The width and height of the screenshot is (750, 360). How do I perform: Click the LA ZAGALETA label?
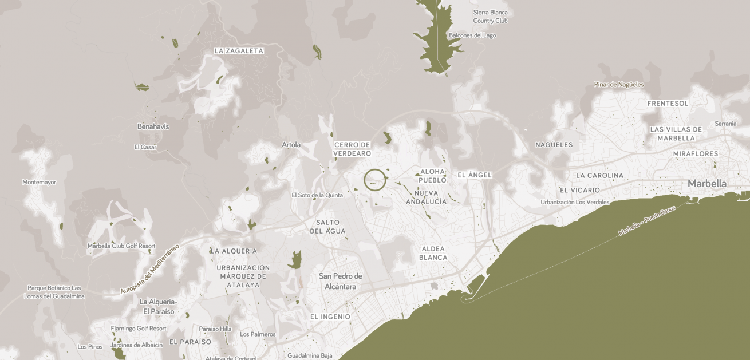click(x=239, y=51)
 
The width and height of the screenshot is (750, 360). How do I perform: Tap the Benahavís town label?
click(x=153, y=126)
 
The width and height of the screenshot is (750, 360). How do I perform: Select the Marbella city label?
click(x=707, y=184)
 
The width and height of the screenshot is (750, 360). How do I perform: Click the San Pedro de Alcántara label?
click(x=341, y=281)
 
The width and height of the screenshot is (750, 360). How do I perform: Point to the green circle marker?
click(x=375, y=180)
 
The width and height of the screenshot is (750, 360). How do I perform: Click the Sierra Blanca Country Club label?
click(x=490, y=17)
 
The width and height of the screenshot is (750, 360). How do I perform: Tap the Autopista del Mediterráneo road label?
click(x=149, y=269)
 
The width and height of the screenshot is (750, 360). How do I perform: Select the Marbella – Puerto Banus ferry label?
click(x=647, y=221)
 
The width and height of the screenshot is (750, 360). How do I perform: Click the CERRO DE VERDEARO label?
click(x=352, y=149)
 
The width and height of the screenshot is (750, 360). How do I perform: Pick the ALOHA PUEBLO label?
click(x=433, y=176)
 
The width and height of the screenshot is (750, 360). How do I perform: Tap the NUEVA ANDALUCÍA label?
click(x=427, y=197)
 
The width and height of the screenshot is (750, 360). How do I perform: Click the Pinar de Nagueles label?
click(x=619, y=85)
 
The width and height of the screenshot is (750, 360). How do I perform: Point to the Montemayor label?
click(x=40, y=182)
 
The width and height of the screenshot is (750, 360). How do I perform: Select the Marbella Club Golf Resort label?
click(x=121, y=246)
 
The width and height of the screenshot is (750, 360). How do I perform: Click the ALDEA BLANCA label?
click(x=433, y=253)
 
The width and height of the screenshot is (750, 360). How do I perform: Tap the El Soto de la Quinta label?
click(x=317, y=195)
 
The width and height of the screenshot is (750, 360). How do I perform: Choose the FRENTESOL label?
click(x=668, y=104)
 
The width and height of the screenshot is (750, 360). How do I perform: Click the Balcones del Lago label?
click(x=472, y=35)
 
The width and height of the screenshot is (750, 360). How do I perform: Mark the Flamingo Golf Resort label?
click(x=139, y=329)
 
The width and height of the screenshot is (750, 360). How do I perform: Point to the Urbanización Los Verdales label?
click(x=575, y=202)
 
